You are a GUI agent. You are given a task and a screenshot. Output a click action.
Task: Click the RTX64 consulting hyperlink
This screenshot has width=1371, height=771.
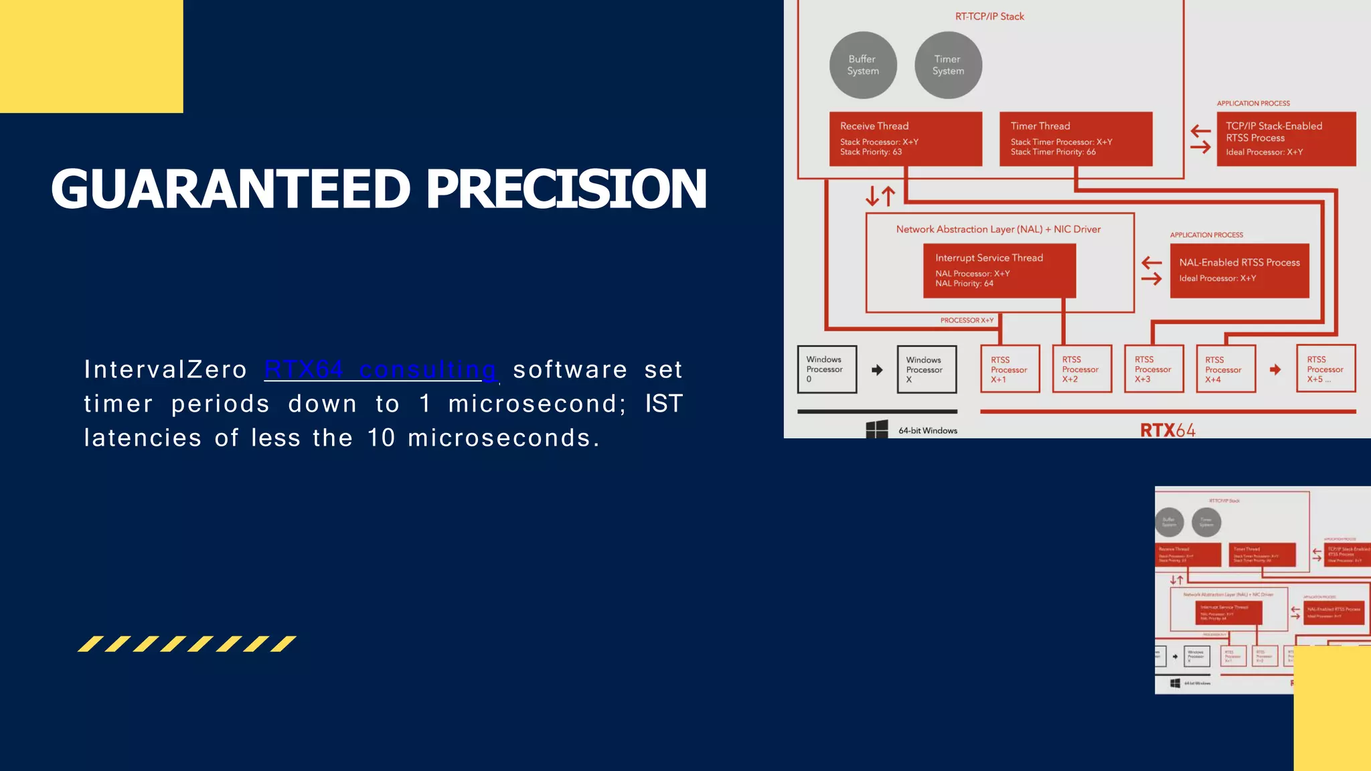click(x=380, y=369)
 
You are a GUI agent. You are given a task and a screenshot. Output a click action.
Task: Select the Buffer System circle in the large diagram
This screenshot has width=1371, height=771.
click(x=863, y=65)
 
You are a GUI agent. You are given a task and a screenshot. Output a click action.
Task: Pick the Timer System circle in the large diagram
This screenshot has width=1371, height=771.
click(x=948, y=65)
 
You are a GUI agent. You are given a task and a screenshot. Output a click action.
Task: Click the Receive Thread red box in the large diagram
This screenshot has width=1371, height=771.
click(x=905, y=139)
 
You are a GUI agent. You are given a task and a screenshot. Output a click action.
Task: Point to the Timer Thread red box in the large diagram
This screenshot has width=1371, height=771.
click(x=1076, y=139)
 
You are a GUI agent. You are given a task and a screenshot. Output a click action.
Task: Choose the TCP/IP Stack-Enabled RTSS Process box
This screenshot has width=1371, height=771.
click(x=1286, y=139)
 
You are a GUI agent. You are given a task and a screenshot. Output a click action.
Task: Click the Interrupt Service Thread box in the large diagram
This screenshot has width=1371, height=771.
click(x=999, y=270)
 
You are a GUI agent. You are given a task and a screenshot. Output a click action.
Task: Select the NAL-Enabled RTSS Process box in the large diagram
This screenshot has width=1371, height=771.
click(x=1239, y=270)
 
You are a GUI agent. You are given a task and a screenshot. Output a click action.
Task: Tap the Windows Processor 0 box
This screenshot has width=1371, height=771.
click(x=827, y=369)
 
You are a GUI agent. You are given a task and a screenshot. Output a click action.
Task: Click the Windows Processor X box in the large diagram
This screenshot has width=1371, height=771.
click(x=926, y=369)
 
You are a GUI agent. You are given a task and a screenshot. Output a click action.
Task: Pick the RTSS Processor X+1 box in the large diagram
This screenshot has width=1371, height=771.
click(x=1010, y=369)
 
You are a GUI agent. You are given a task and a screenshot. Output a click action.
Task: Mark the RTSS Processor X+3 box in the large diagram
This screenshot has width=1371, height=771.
click(x=1153, y=369)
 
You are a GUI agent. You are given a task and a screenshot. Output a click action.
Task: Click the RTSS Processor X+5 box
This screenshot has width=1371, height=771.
click(x=1325, y=369)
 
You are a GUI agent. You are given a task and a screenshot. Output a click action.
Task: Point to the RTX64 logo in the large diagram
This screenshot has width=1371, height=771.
click(x=1167, y=430)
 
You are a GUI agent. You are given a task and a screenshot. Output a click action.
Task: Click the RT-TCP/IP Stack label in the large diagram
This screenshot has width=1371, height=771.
click(x=989, y=16)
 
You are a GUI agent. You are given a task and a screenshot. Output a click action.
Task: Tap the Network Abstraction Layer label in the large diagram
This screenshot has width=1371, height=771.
click(x=997, y=229)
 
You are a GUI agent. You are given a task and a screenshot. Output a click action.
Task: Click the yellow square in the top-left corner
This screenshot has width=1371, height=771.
click(x=91, y=56)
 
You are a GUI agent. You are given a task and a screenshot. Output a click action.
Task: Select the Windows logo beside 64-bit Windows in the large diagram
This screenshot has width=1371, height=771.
click(x=877, y=430)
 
